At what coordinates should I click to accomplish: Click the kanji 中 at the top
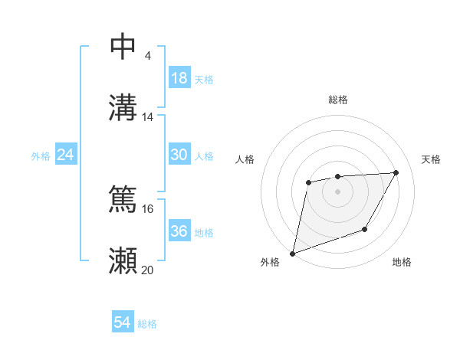[123, 47]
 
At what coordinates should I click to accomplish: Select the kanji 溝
[123, 107]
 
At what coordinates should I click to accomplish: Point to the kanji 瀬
[123, 260]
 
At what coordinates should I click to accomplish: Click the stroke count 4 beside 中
[147, 56]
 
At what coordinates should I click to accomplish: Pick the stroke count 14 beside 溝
[148, 117]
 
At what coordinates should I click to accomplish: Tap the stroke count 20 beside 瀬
[148, 270]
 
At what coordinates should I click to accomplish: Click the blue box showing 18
[179, 78]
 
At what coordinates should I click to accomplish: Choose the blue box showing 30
[179, 155]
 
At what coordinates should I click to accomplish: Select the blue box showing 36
[179, 231]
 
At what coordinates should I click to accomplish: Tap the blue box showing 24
[66, 155]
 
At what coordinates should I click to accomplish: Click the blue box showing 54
[123, 322]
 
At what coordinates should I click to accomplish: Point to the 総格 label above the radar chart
[338, 100]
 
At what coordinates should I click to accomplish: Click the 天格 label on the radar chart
[432, 159]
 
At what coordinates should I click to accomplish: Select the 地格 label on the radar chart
[402, 263]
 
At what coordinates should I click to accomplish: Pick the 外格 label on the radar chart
[270, 263]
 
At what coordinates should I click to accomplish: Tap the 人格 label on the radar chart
[245, 159]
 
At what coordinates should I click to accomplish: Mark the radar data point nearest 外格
[292, 253]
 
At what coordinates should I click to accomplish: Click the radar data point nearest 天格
[396, 172]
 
